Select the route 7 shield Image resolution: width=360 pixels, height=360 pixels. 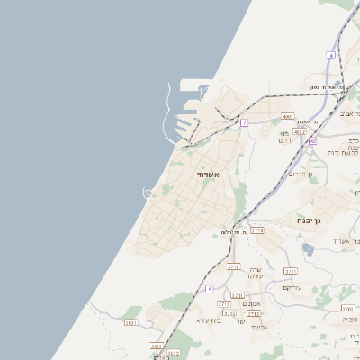click(x=244, y=122)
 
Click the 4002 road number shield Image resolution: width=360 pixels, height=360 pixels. click(x=288, y=116)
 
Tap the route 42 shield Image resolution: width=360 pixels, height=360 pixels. click(x=312, y=140)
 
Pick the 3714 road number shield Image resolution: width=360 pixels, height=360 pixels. click(x=257, y=230)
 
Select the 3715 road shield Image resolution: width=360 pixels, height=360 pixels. click(x=291, y=270)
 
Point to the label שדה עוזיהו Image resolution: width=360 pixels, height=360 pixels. click(x=256, y=275)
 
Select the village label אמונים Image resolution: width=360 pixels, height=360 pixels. click(x=251, y=303)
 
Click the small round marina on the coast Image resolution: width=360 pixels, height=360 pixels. click(x=148, y=192)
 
